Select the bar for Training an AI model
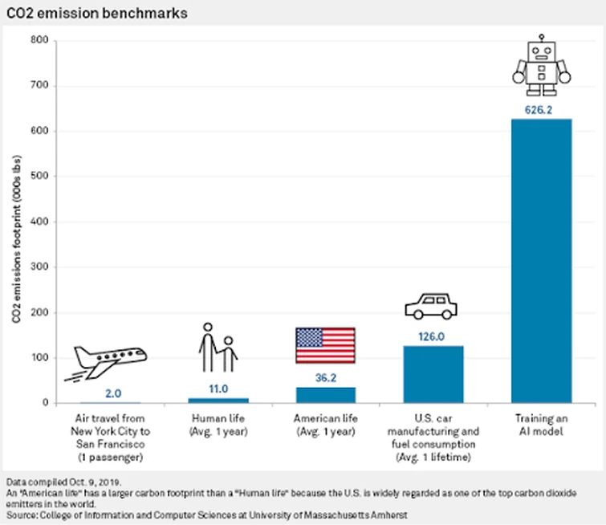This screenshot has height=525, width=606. pyautogui.click(x=541, y=261)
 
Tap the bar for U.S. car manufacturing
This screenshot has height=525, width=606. pyautogui.click(x=433, y=374)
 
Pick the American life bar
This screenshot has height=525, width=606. pyautogui.click(x=325, y=394)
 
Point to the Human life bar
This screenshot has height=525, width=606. pyautogui.click(x=218, y=400)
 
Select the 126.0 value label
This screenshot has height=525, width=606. pyautogui.click(x=433, y=337)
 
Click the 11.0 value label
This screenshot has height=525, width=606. pyautogui.click(x=218, y=389)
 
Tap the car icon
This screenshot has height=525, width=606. pyautogui.click(x=431, y=306)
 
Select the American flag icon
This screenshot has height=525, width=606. pyautogui.click(x=325, y=346)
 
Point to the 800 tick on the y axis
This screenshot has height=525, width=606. pyautogui.click(x=39, y=40)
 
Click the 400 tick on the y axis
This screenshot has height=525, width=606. pyautogui.click(x=39, y=222)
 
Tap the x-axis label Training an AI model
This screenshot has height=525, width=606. pyautogui.click(x=541, y=424)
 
